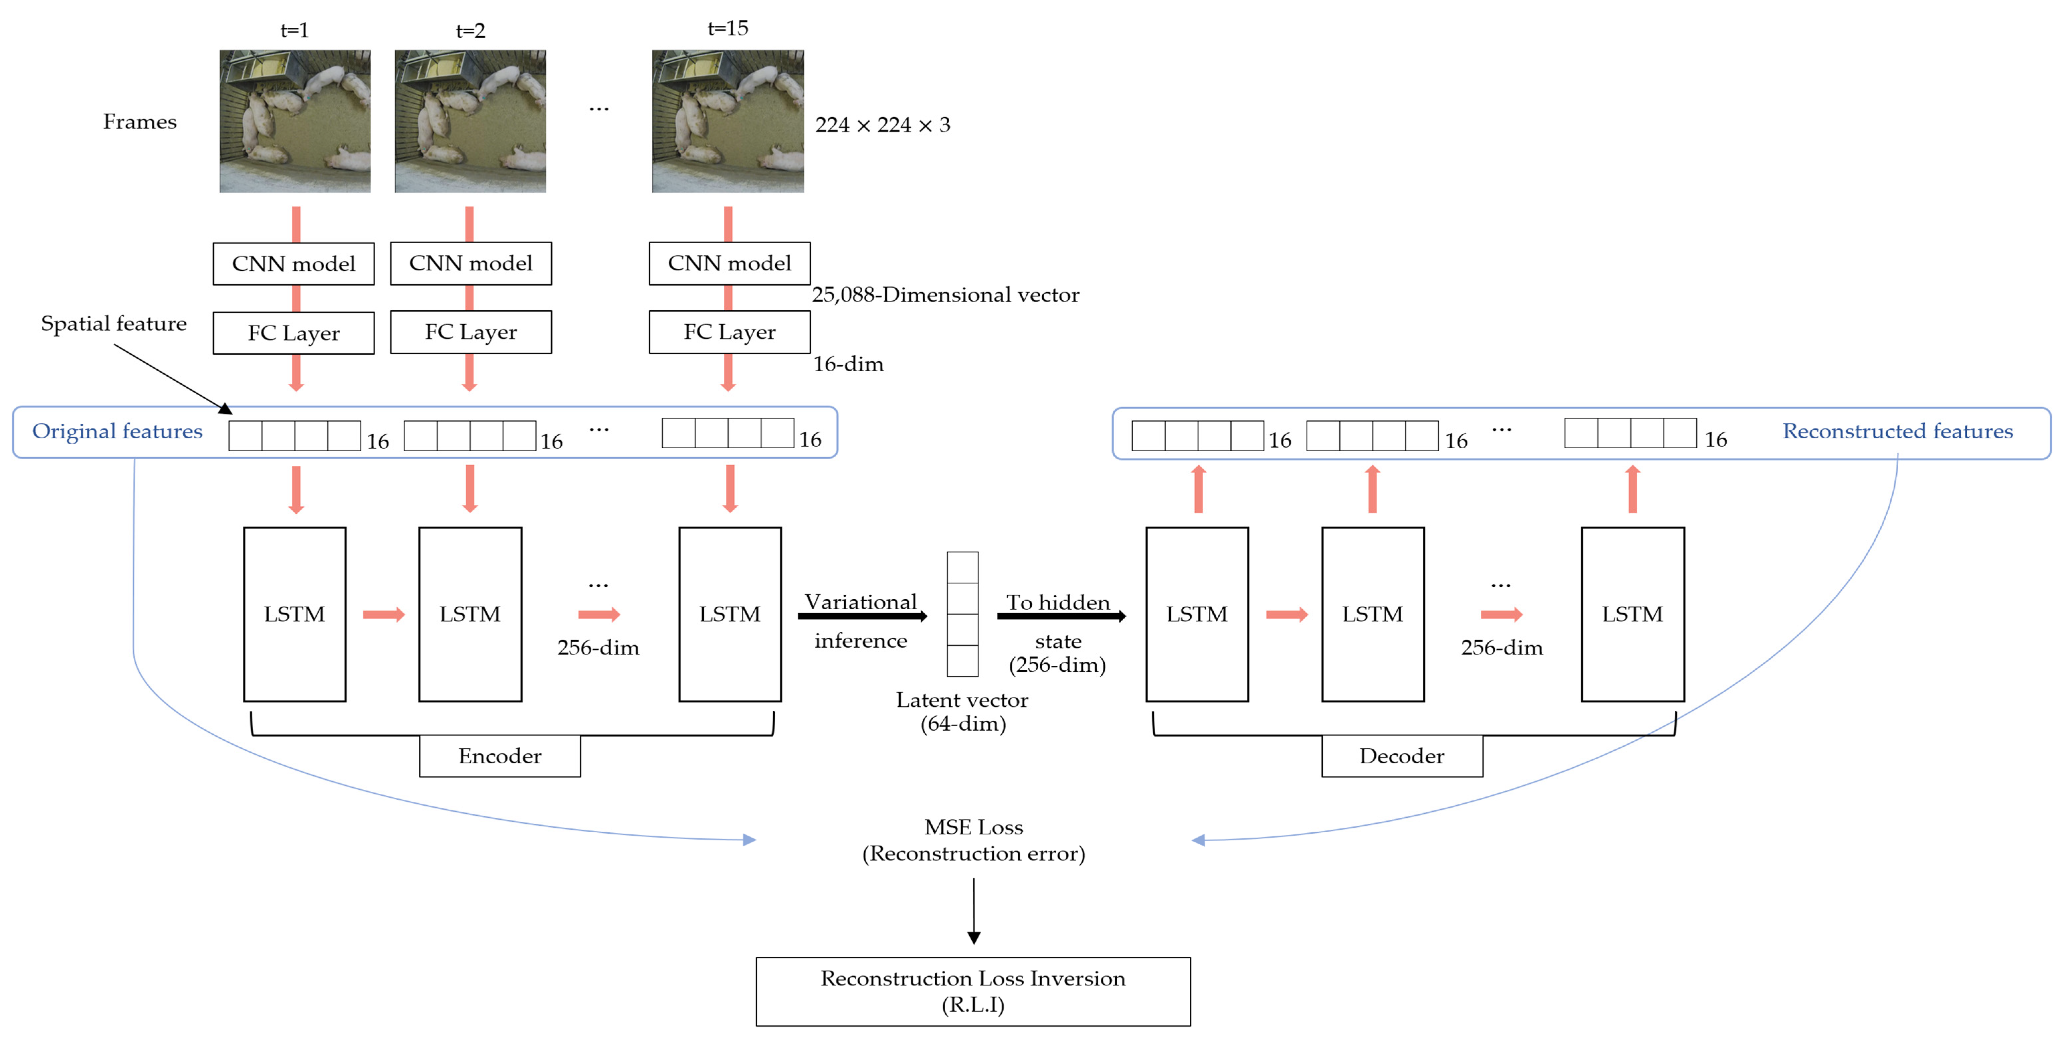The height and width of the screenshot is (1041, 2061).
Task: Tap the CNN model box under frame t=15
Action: coord(729,263)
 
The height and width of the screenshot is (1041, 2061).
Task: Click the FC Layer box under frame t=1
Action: coord(294,333)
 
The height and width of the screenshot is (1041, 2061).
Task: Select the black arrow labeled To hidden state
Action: coord(1060,616)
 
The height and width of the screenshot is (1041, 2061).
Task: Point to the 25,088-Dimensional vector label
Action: coord(945,295)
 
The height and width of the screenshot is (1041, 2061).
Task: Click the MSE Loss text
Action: coord(973,827)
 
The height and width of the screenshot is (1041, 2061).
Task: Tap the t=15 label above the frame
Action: coord(727,29)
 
